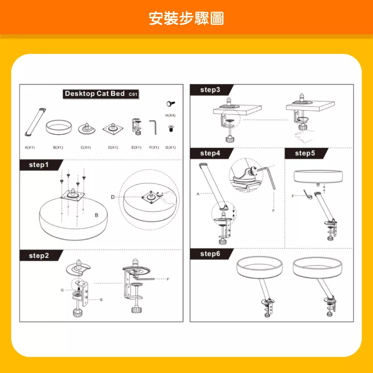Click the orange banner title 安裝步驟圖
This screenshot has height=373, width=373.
(x=186, y=18)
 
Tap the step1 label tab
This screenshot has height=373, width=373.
(x=39, y=164)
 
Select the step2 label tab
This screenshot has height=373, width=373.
(x=39, y=256)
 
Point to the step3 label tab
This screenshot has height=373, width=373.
(x=210, y=90)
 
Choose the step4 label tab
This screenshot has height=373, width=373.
(x=210, y=153)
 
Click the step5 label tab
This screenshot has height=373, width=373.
(x=305, y=153)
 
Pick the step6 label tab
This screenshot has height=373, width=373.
(x=210, y=254)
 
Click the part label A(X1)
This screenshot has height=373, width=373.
(x=30, y=147)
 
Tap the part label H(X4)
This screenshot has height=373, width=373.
(x=170, y=115)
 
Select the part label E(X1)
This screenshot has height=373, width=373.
(x=136, y=147)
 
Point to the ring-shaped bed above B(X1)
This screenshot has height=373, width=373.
(x=59, y=127)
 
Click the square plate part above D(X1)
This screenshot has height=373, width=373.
(x=113, y=128)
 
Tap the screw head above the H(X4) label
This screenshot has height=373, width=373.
(x=170, y=104)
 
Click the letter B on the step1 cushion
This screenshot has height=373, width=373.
(x=96, y=215)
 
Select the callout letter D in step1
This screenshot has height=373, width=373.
(x=113, y=197)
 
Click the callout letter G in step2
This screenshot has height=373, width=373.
(x=62, y=290)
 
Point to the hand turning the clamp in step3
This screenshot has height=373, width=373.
(x=304, y=136)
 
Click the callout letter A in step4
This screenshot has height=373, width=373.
(x=198, y=194)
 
